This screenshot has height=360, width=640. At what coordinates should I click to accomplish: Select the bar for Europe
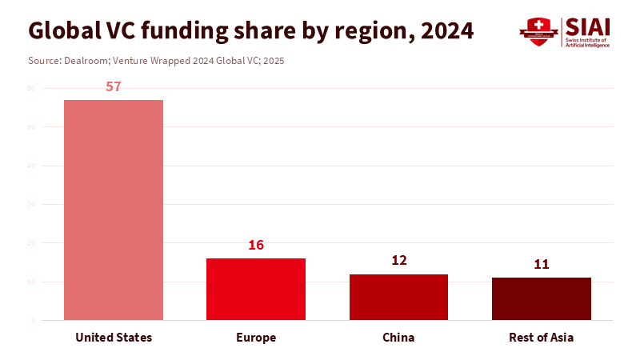pos(256,289)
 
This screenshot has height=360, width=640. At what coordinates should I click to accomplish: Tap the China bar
pos(398,297)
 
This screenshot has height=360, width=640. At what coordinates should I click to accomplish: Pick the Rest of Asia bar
pos(541,298)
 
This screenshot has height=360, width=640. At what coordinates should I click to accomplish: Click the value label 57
pos(114,86)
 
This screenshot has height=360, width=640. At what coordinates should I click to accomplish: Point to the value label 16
pos(256,245)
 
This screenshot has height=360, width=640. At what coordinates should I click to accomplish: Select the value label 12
pos(398,260)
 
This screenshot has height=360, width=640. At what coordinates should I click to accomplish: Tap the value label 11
pos(541,264)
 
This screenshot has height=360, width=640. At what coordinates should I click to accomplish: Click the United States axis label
pos(114,338)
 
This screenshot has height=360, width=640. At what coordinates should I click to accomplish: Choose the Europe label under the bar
pos(256,338)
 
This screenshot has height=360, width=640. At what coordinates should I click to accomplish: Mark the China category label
pos(398,338)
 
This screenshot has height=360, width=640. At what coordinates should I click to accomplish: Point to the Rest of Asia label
pos(541,338)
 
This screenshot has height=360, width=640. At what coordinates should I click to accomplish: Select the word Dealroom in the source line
pos(86,61)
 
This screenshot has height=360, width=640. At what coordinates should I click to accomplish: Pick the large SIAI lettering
pos(587,27)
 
